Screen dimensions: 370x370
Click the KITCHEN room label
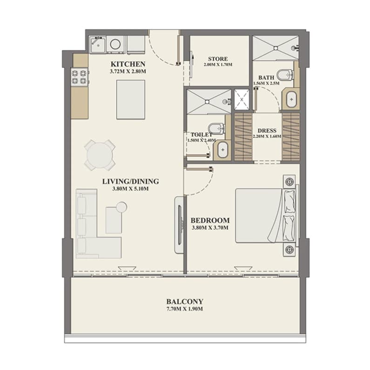pos(128,64)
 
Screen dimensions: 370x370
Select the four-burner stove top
pos(80,77)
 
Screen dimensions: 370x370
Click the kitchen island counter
pos(131,100)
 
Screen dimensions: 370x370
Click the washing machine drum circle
pos(115,44)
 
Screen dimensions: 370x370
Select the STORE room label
pos(218,59)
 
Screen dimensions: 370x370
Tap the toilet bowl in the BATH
pos(285,75)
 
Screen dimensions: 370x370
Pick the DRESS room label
pos(267,130)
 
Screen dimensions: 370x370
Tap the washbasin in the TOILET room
pos(223,150)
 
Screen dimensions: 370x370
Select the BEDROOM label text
pos(210,220)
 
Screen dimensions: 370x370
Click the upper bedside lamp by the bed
pos(289,181)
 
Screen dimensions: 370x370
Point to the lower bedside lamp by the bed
pos(289,249)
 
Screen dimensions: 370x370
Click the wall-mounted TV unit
pos(180,225)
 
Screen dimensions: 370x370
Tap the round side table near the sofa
pos(122,207)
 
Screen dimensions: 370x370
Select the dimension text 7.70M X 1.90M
pos(185,309)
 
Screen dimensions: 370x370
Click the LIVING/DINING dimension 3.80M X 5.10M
pos(130,189)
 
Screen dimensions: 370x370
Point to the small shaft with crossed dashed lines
pos(242,99)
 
